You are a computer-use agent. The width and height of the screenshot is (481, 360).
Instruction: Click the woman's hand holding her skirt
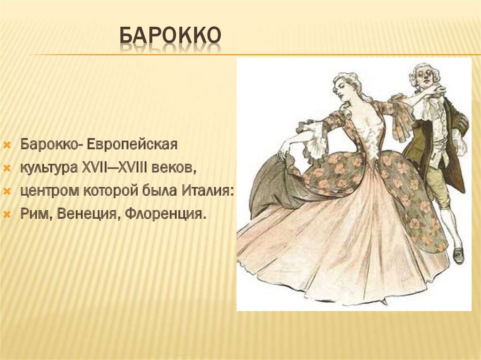pos(285,151)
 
